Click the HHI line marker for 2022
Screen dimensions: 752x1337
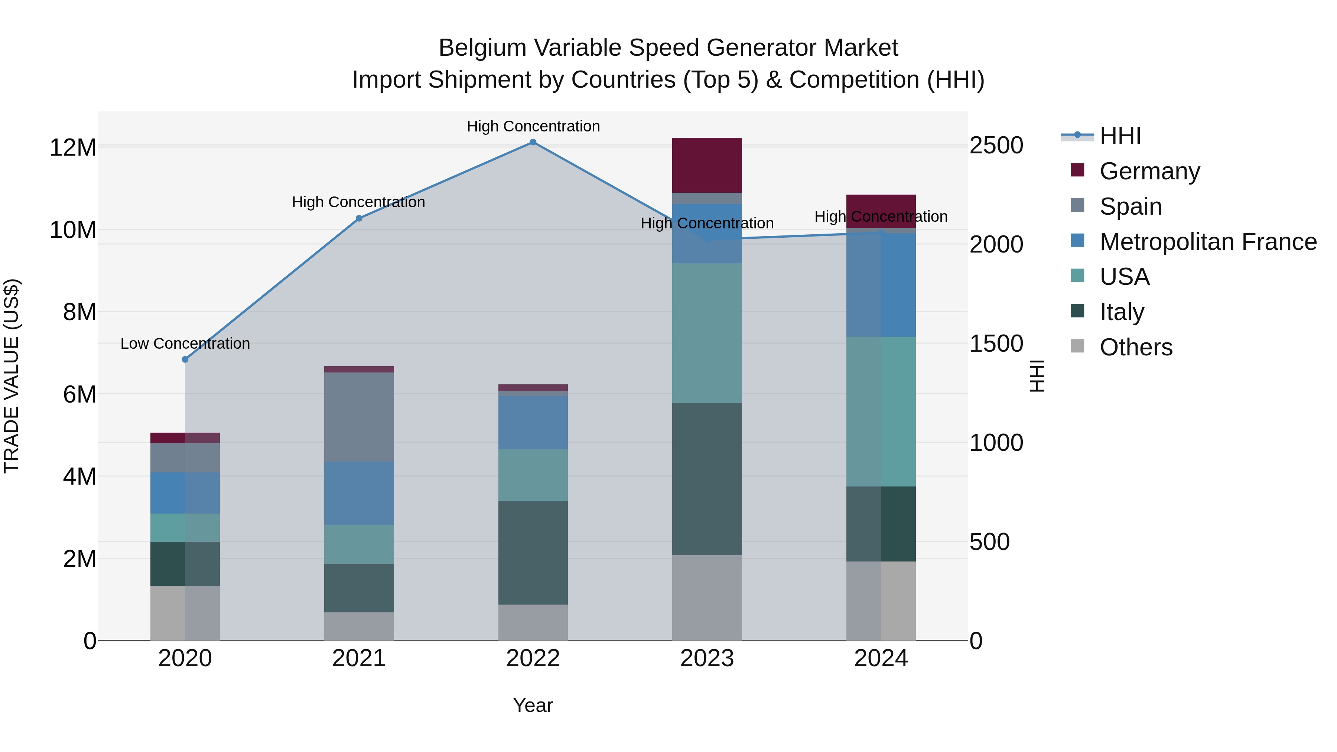533,142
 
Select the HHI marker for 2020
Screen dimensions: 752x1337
185,359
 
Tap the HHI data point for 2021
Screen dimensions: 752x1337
359,218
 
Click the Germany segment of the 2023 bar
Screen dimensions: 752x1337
706,165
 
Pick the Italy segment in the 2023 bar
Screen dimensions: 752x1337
706,479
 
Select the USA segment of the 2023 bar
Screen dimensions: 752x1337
706,333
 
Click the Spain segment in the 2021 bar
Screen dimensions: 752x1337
359,417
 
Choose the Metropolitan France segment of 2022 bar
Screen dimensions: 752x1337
533,423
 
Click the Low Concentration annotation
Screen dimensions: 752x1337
185,344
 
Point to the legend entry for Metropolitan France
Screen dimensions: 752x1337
1207,242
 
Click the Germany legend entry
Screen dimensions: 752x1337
1149,171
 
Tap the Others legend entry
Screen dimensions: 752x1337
1136,347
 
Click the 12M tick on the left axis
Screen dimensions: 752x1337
73,148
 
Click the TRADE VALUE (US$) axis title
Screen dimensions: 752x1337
12,376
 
